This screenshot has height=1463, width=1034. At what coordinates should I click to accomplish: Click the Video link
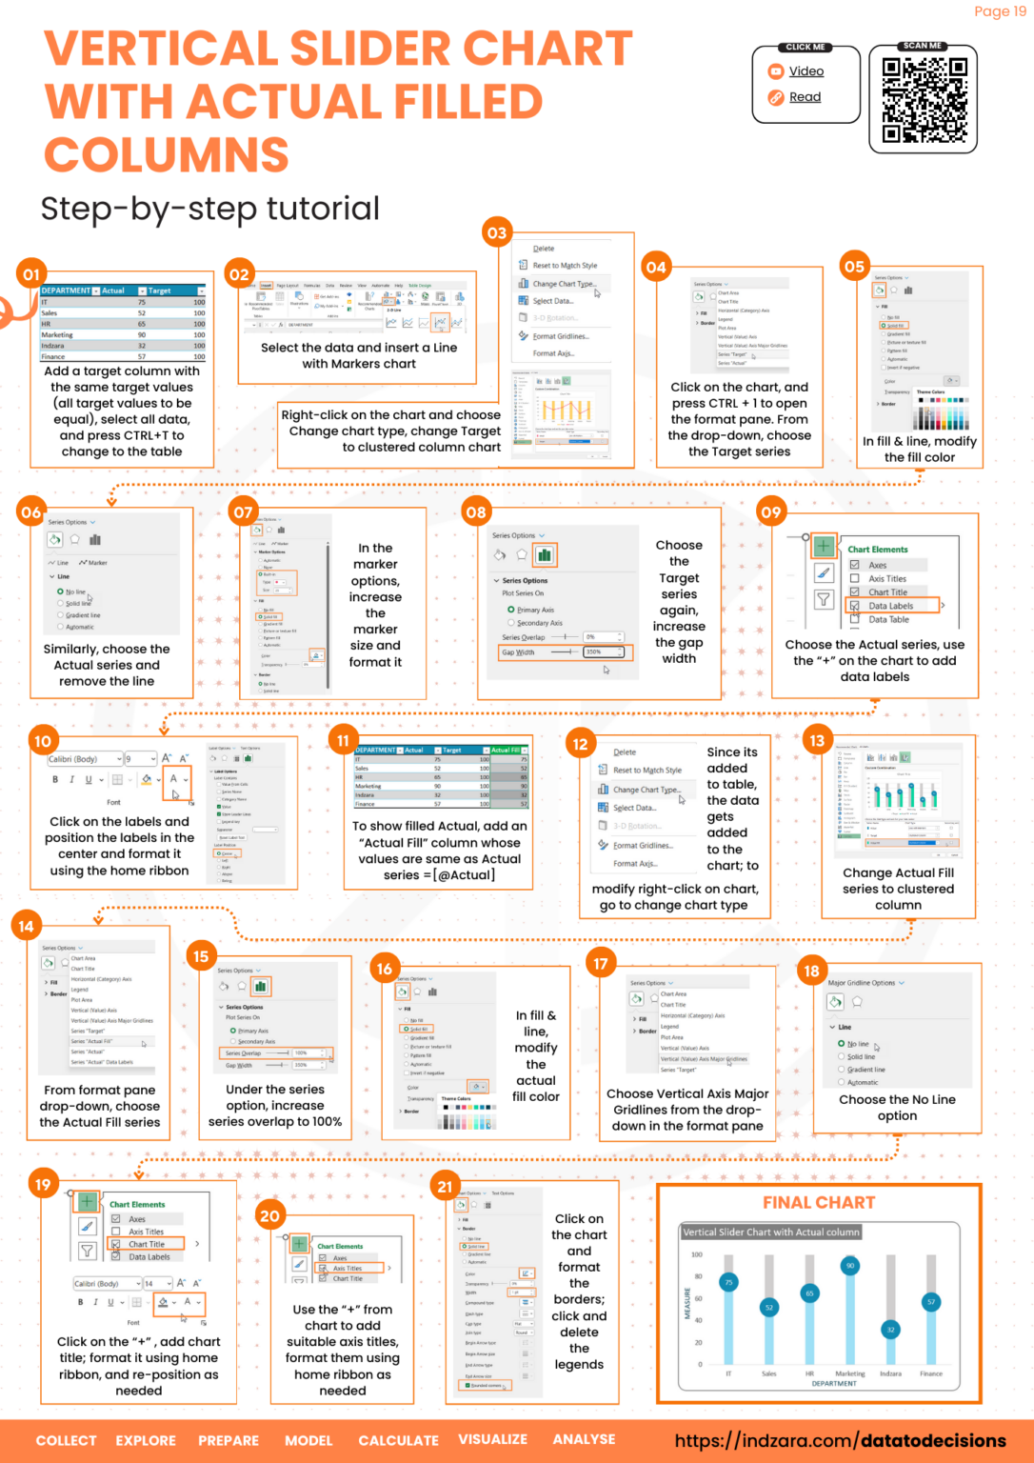[x=805, y=71]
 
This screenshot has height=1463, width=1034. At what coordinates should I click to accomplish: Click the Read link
[x=805, y=97]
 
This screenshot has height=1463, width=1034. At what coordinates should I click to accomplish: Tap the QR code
[x=924, y=100]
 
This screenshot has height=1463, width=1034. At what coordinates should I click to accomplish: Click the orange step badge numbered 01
[x=31, y=274]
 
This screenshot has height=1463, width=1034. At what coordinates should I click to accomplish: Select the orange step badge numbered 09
[x=770, y=511]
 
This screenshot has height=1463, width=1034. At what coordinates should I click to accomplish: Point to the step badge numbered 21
[x=445, y=1186]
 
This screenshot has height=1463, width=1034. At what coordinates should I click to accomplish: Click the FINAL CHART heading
[x=819, y=1203]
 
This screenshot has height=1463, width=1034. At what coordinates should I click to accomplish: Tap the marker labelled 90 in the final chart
[x=850, y=1266]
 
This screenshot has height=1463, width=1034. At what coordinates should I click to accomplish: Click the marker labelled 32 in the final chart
[x=890, y=1330]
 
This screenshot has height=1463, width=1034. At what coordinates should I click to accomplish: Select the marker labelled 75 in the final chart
[x=729, y=1282]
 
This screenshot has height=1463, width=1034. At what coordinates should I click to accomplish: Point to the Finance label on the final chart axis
[x=931, y=1373]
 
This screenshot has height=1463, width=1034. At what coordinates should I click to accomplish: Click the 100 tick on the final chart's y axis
[x=697, y=1254]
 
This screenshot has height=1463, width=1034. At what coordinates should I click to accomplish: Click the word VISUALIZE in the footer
[x=492, y=1439]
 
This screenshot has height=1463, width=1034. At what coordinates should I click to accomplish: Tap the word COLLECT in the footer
[x=66, y=1440]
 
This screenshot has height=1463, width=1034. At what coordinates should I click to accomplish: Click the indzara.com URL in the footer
[x=840, y=1440]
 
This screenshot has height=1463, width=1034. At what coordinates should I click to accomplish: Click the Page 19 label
[x=1000, y=11]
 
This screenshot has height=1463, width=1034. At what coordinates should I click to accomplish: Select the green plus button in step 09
[x=824, y=546]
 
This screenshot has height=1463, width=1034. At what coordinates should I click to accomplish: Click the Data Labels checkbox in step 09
[x=854, y=606]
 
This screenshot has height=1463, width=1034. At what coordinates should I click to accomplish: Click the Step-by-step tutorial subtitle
[x=209, y=209]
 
